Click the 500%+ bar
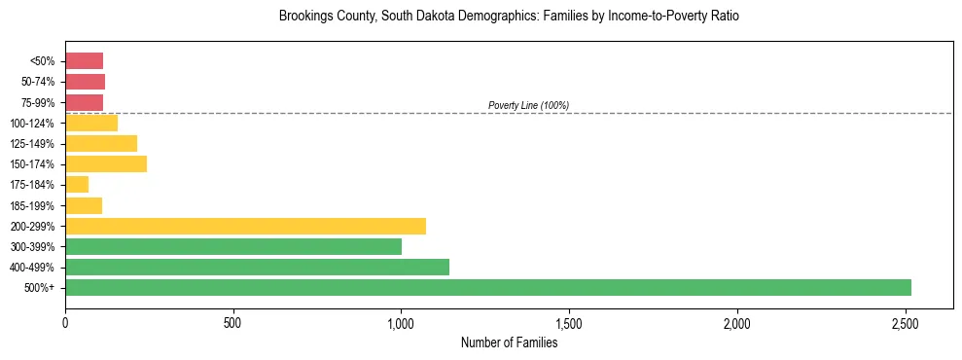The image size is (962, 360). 487,287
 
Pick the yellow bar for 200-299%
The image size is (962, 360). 245,226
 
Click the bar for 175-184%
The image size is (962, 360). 77,184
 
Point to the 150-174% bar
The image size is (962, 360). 106,163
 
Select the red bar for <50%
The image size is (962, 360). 84,61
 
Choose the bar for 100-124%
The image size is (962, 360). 91,123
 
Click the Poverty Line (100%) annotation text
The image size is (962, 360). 528,105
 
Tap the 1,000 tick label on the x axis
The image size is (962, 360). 401,322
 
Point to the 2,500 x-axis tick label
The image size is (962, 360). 906,322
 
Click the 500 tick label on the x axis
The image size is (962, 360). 232,322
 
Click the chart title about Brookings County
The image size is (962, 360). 509,17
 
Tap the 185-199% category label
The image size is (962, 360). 35,205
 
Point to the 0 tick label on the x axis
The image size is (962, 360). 65,322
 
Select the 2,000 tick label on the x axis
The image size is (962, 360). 737,322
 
